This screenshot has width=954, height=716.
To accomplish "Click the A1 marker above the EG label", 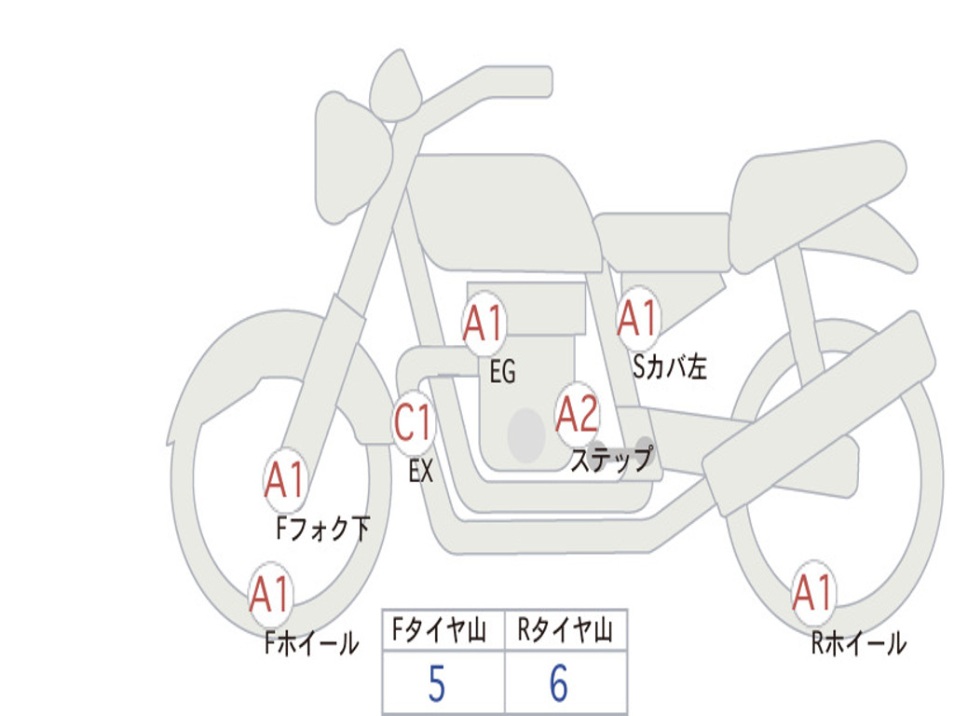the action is tap(484, 324).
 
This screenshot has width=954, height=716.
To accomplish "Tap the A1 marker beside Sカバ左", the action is tap(638, 319).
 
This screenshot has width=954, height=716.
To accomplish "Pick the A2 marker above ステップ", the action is tap(577, 415).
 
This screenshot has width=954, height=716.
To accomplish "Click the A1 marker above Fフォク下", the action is tap(284, 481).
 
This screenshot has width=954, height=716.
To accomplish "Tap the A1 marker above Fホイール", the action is tap(270, 594).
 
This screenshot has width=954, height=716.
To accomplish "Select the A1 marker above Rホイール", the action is tap(812, 593).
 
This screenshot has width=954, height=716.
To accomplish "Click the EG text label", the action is tap(502, 373).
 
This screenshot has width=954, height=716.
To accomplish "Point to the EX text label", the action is tap(421, 472).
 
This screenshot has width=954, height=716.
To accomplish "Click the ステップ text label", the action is tap(610, 461).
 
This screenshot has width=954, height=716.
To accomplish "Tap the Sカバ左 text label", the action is tap(670, 367).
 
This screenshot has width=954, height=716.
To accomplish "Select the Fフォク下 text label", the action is tap(323, 530).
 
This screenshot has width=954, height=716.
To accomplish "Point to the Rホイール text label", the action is tap(858, 643).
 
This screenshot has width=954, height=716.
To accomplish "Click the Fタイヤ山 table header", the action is tap(443, 632).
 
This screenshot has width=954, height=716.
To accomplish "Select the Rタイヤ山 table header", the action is tap(566, 632).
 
